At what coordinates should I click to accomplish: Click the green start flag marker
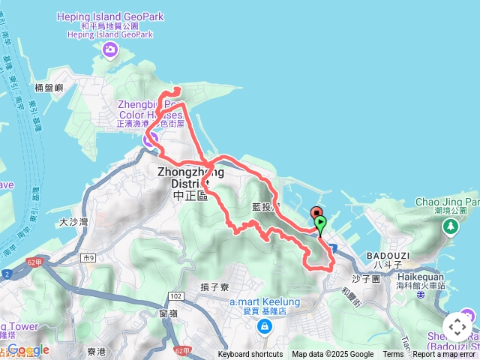322,223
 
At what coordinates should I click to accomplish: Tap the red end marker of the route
316,214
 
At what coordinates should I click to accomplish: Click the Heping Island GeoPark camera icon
111,50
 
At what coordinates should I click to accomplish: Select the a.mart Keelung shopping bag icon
264,326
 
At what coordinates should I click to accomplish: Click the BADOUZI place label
388,255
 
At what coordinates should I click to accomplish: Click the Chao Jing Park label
447,202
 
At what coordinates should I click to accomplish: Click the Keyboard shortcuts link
250,355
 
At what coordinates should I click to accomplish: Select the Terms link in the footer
393,355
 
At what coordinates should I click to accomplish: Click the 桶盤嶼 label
47,88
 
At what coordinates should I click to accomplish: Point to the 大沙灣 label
73,222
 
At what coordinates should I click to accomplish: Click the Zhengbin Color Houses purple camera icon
148,138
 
